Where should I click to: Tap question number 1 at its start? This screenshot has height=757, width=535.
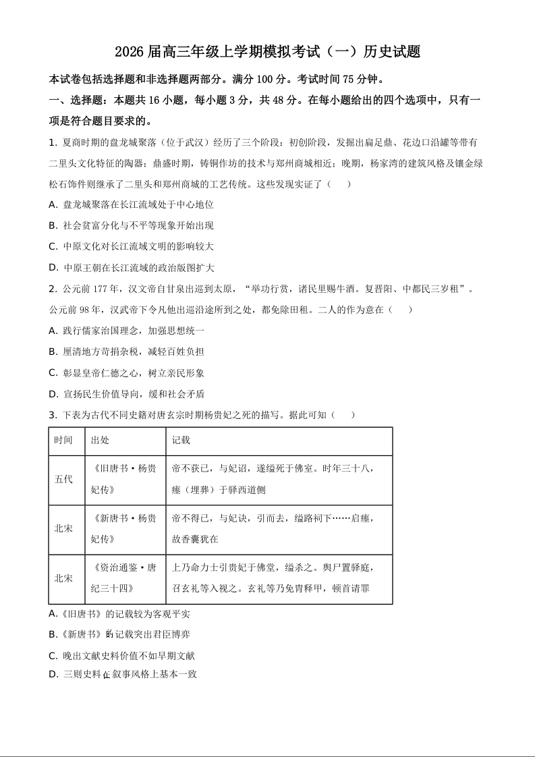tap(52, 142)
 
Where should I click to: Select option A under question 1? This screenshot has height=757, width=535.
tap(53, 204)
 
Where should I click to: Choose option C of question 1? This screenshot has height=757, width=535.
tap(53, 246)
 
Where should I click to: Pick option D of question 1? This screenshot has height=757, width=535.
tap(53, 268)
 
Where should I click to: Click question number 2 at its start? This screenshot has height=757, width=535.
tap(52, 289)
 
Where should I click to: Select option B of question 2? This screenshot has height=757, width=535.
tap(53, 352)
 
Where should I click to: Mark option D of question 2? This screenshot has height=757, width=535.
tap(53, 394)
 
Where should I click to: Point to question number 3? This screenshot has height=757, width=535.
tap(52, 414)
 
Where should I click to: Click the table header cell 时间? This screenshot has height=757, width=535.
tap(64, 441)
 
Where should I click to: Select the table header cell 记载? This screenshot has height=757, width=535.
tap(181, 441)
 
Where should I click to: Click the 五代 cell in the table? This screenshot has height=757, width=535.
tap(64, 479)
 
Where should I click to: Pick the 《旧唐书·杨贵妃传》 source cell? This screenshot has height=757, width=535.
tap(123, 479)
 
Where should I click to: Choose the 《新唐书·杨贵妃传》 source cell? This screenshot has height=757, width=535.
tap(123, 528)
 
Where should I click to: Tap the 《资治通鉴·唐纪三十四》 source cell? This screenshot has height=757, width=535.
tap(123, 578)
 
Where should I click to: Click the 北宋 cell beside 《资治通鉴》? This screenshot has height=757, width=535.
tap(64, 578)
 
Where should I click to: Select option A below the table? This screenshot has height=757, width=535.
tap(53, 614)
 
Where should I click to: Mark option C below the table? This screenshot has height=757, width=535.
tap(53, 656)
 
